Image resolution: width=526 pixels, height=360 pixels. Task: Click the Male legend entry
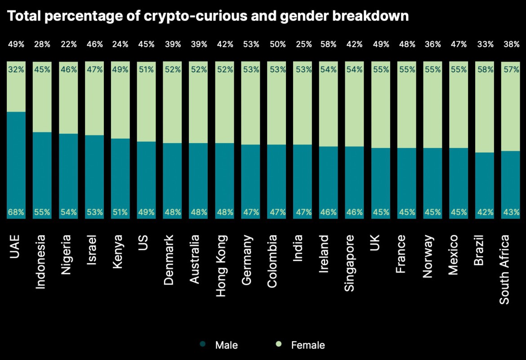click(221, 345)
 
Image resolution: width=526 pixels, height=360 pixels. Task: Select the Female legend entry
click(301, 345)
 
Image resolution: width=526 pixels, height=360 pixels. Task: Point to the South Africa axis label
click(505, 269)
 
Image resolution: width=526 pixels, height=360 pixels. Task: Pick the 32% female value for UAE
click(16, 70)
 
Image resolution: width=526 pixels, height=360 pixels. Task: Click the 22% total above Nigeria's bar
click(68, 45)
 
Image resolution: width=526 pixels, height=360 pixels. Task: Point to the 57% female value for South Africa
click(511, 70)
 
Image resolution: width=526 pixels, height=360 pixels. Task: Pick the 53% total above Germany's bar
click(250, 45)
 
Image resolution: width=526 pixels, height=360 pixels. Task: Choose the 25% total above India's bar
click(303, 45)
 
